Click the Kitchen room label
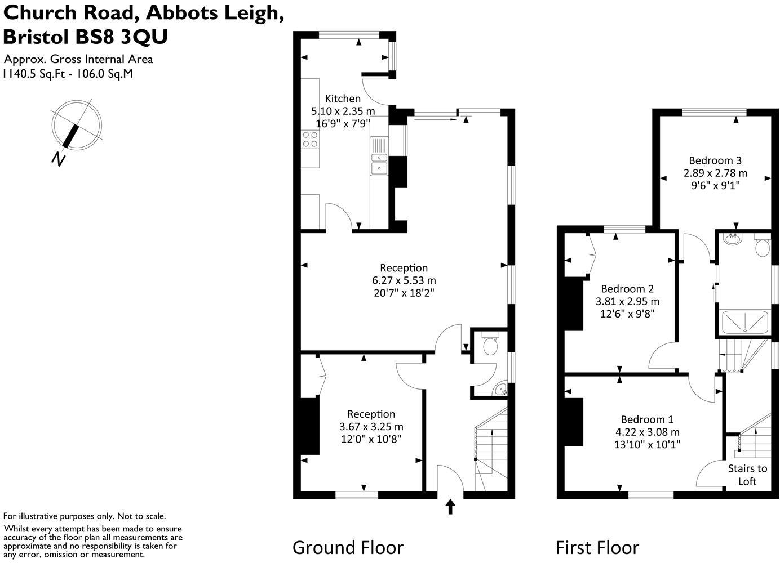click(343, 99)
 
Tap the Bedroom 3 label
click(715, 160)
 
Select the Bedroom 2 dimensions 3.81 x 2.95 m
click(627, 301)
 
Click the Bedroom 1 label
click(646, 419)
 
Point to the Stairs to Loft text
click(747, 475)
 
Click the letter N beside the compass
click(57, 159)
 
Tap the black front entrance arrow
click(450, 507)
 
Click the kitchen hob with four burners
click(310, 139)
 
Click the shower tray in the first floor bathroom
click(744, 321)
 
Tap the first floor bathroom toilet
click(762, 247)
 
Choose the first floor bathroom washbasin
click(733, 239)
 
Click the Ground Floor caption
click(348, 547)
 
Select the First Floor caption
click(597, 547)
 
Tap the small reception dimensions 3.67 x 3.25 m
click(371, 427)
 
